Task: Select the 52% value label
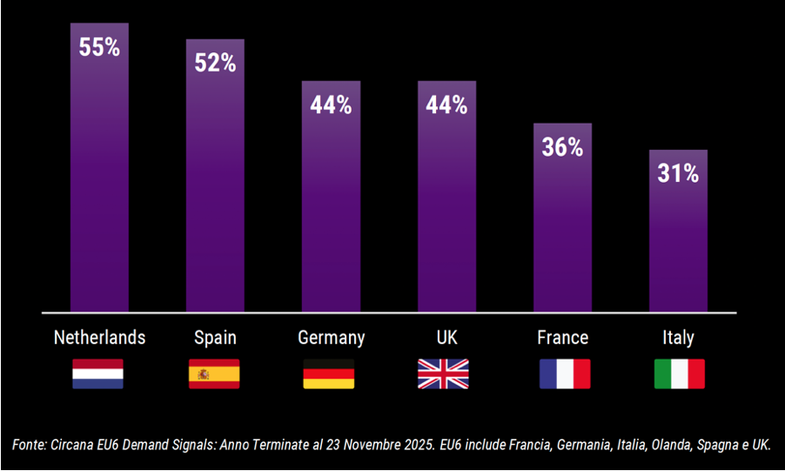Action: [x=215, y=64]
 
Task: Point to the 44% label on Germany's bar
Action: [x=331, y=106]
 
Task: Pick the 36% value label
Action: [x=562, y=148]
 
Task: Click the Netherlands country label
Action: [x=99, y=338]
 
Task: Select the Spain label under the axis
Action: [x=215, y=338]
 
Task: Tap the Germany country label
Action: [x=331, y=338]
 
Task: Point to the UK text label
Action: [x=446, y=338]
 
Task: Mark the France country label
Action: [x=562, y=338]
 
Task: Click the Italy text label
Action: [x=678, y=338]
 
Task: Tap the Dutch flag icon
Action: [x=97, y=373]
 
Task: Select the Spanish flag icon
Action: [x=214, y=373]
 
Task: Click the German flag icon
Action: [x=329, y=373]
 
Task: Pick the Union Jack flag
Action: [x=443, y=373]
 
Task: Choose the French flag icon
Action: [x=565, y=373]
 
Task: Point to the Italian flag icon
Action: [x=679, y=373]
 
